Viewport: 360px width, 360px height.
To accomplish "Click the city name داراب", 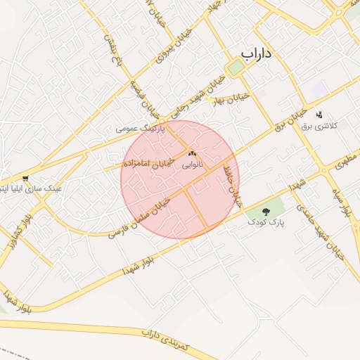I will (x=257, y=54).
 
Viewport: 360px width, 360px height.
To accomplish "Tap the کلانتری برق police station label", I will (x=320, y=126).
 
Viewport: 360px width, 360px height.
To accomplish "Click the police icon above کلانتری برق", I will (x=320, y=115).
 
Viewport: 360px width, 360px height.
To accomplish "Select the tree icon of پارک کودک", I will (x=266, y=211).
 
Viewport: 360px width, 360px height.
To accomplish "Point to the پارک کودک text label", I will (x=266, y=221).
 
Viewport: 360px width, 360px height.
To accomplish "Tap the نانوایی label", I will (x=193, y=166).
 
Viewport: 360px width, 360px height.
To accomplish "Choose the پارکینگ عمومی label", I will (x=140, y=129).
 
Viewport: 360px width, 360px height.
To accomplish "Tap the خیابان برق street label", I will (x=289, y=120).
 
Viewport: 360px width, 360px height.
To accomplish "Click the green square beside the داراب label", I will (x=236, y=67).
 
